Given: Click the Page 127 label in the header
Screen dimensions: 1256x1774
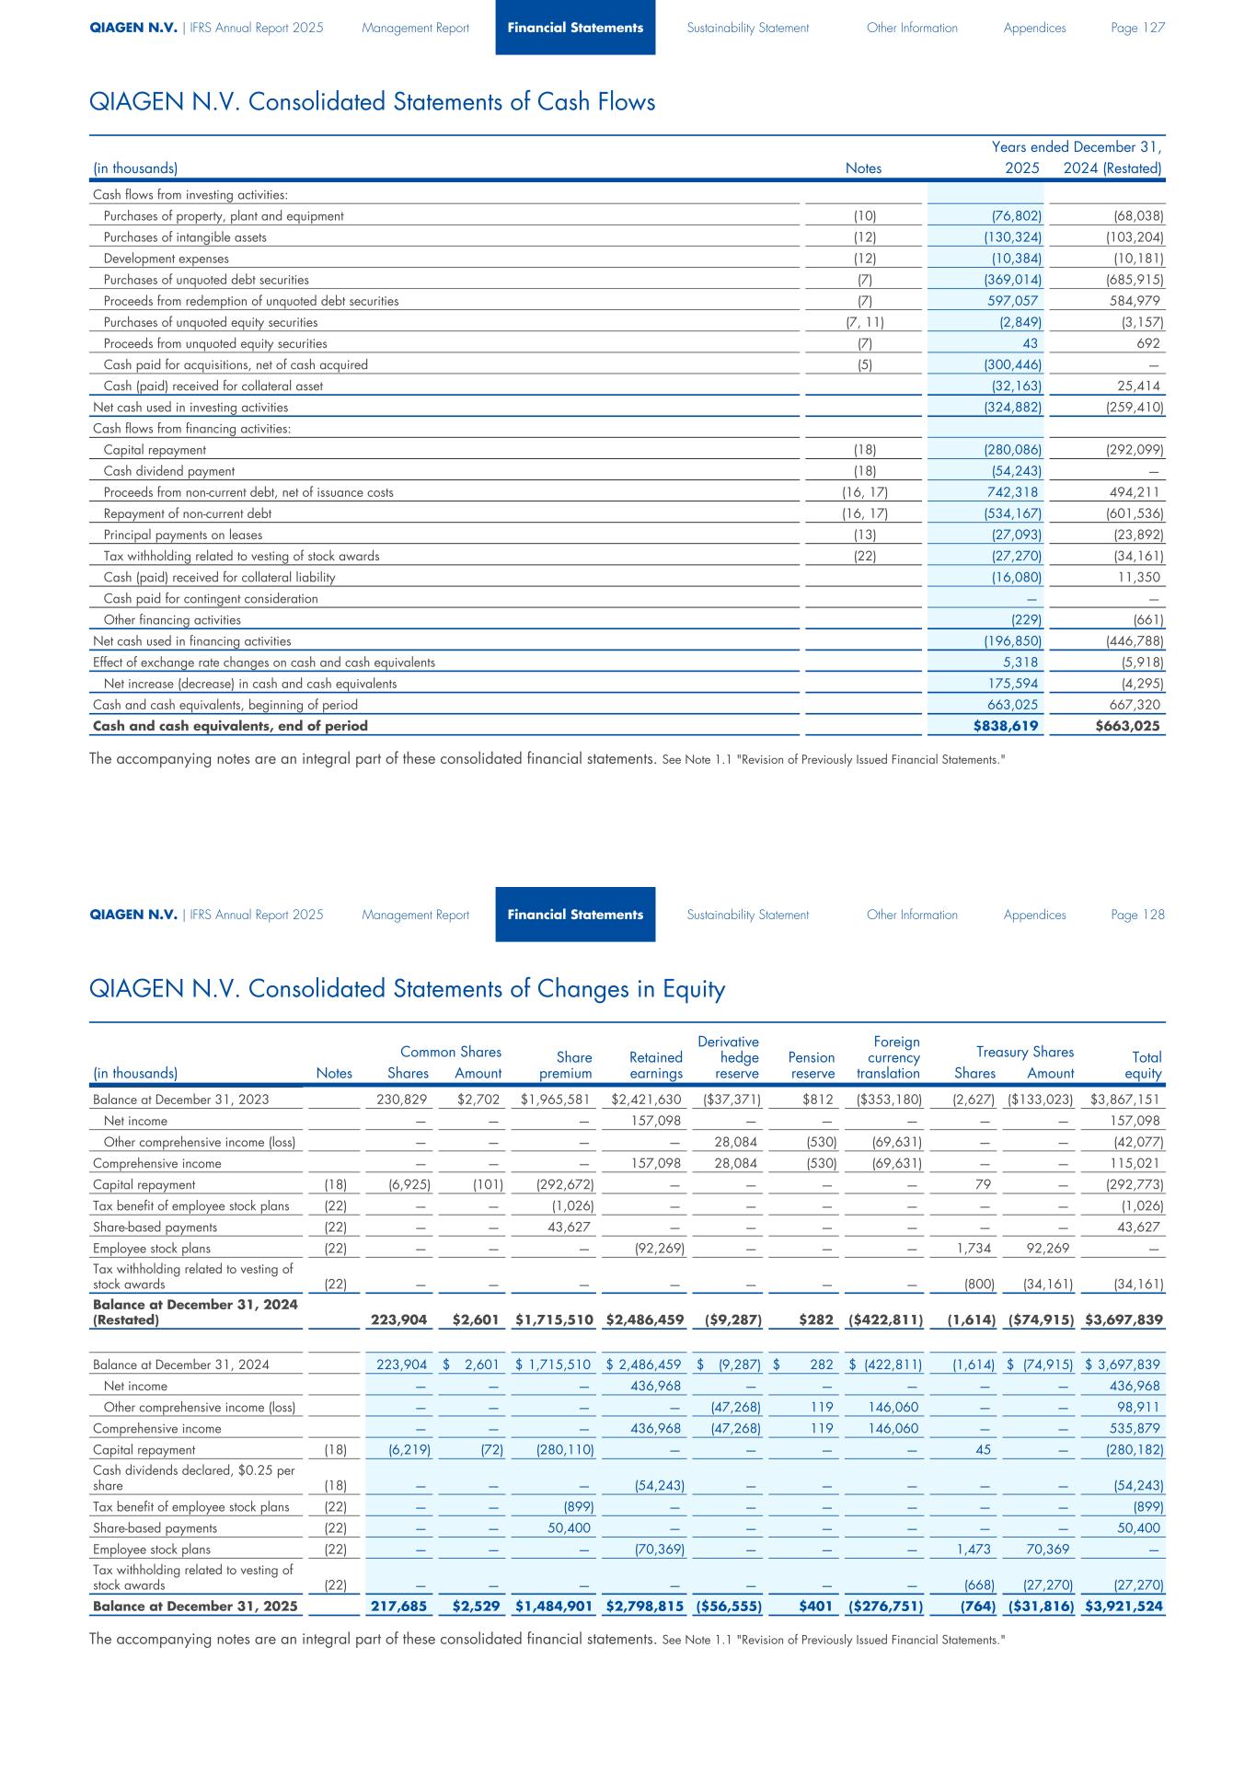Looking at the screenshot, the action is point(1138,28).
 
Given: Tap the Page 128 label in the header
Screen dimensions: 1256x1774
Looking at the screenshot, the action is point(1138,915).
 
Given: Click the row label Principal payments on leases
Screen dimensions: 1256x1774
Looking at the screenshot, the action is point(183,535).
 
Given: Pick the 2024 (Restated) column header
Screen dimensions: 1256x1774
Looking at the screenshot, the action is point(1112,168).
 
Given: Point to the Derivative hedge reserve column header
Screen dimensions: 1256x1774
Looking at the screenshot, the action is point(729,1057).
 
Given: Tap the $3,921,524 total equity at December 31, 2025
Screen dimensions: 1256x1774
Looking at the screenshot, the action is point(1124,1607).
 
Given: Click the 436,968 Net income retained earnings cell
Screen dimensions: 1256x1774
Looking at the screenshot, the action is point(655,1386).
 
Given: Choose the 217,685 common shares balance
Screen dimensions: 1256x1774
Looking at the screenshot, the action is point(398,1607).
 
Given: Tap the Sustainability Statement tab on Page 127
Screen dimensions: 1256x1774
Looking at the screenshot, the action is point(748,28).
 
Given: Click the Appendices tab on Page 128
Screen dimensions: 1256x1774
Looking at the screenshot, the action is point(1035,915).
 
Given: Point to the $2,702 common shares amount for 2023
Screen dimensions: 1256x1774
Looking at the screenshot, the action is point(479,1100).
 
